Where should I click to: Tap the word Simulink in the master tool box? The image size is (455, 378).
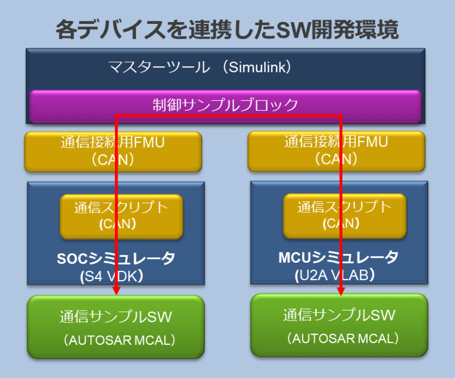coord(259,67)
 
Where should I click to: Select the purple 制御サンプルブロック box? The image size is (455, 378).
coord(225,105)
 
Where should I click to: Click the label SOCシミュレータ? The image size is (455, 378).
coord(116,258)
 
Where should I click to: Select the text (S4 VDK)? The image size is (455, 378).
coord(112,277)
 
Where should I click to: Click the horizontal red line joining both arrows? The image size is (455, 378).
coord(228,116)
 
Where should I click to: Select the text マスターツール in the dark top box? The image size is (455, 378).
coord(159,67)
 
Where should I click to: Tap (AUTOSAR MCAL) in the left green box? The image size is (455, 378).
coord(120,340)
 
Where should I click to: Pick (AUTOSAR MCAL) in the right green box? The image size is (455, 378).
coord(343,339)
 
